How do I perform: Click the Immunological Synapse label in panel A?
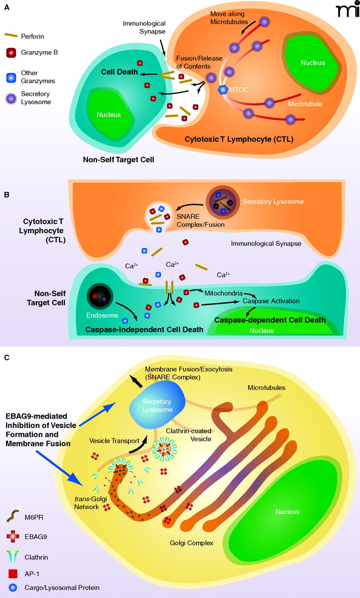[x=141, y=27]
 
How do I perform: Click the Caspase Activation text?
[x=271, y=301]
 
